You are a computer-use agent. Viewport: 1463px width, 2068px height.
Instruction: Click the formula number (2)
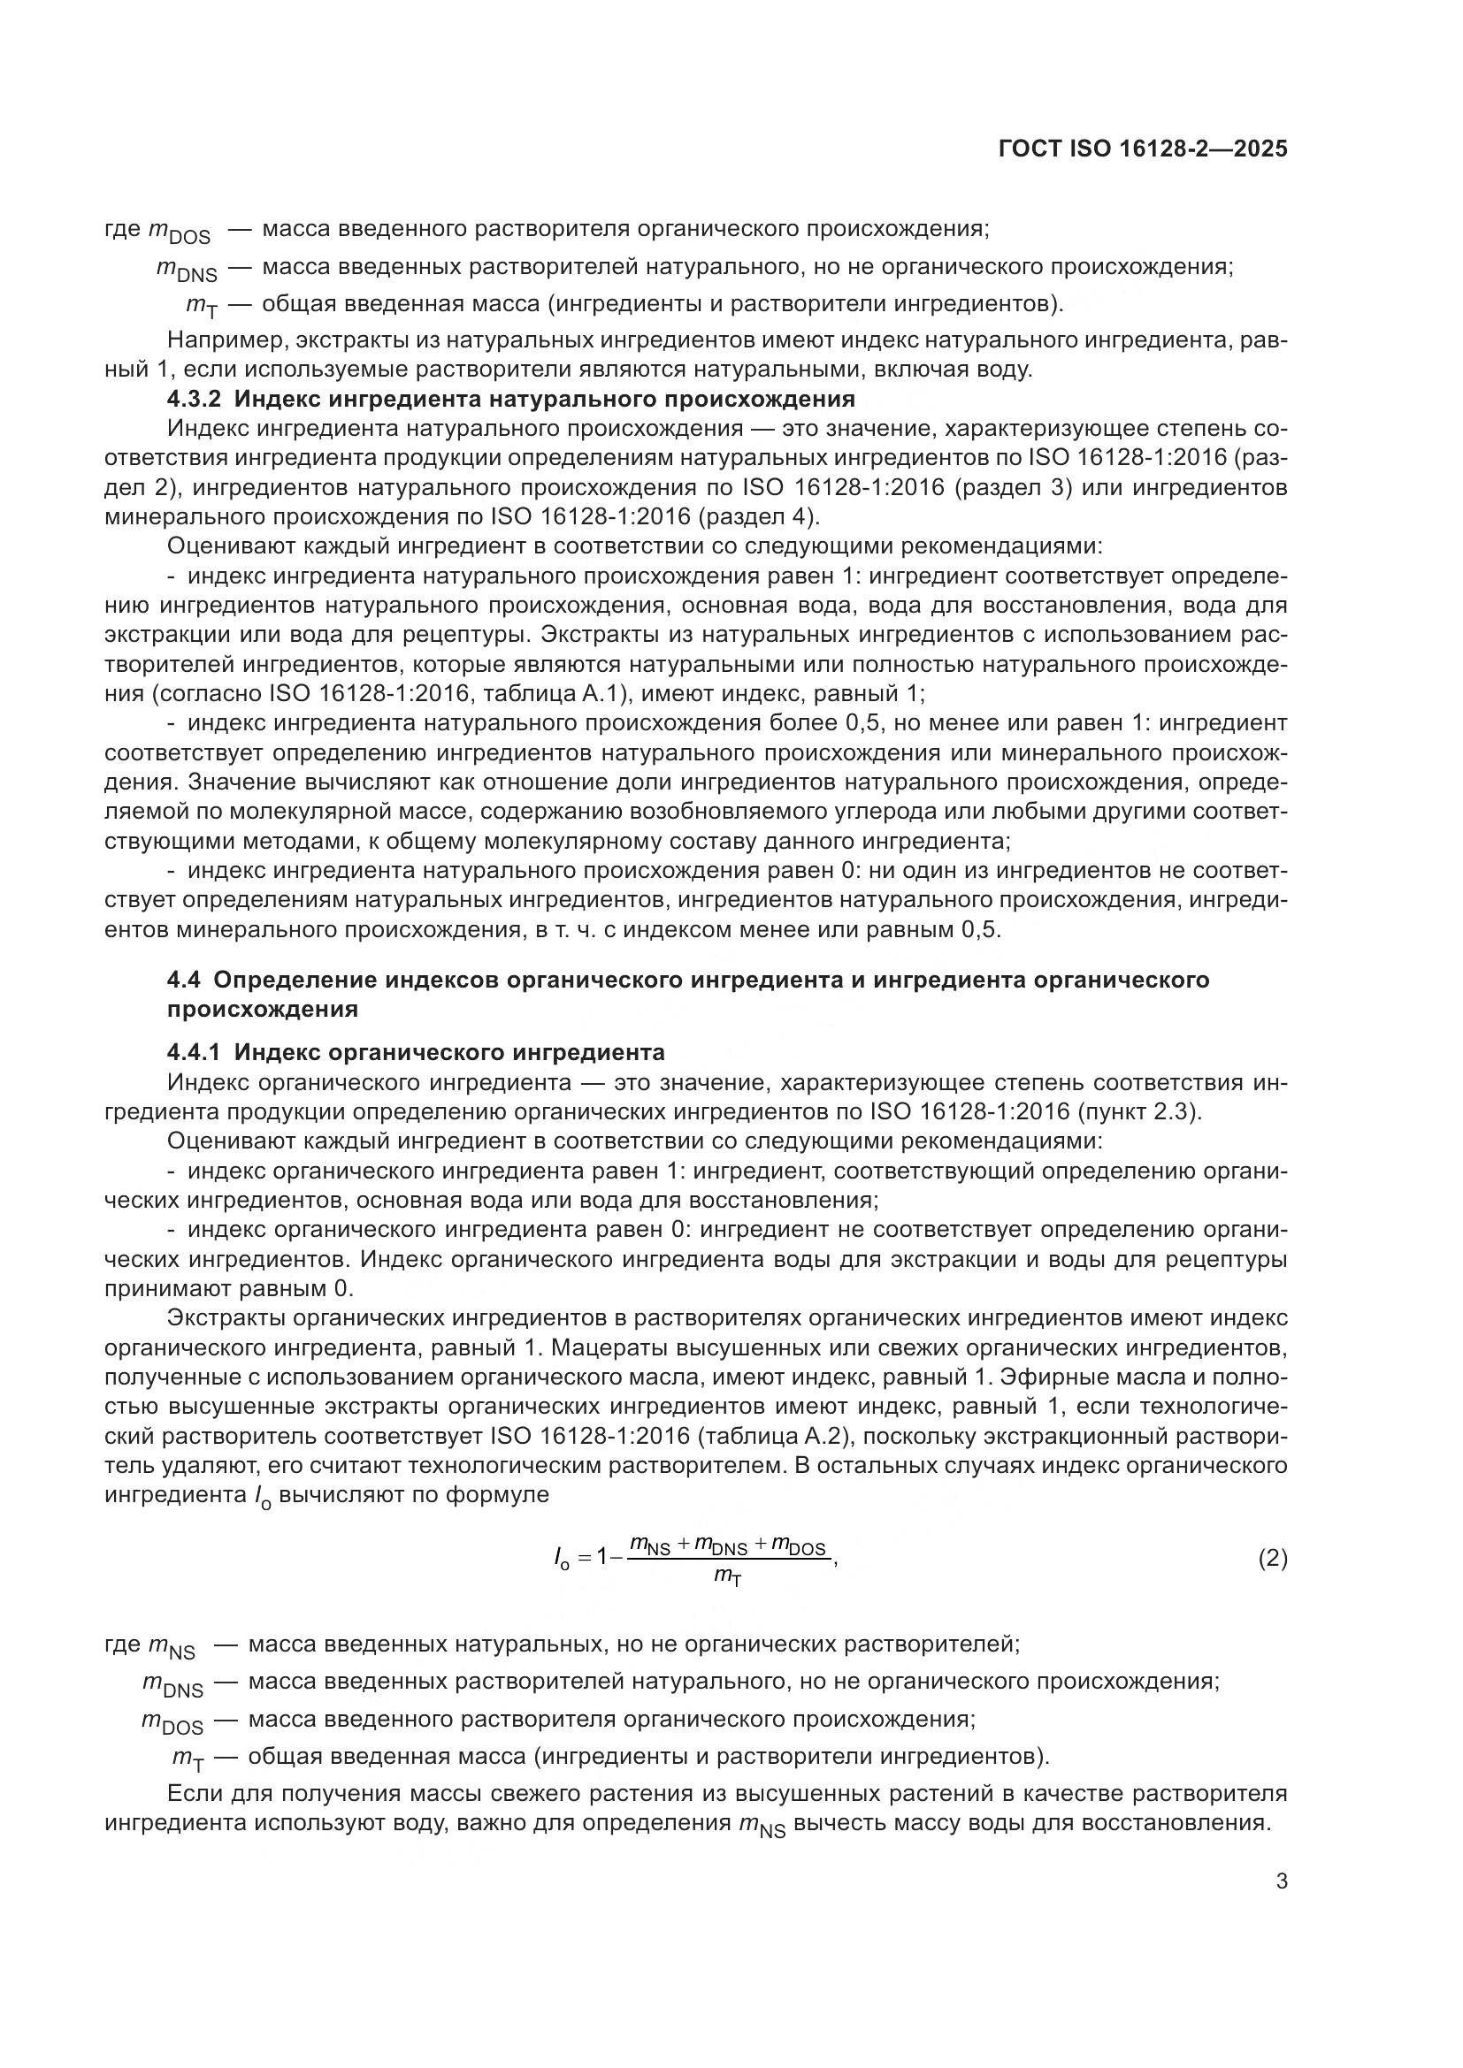[1272, 1558]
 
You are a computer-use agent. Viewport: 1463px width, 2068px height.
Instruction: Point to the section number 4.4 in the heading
[184, 979]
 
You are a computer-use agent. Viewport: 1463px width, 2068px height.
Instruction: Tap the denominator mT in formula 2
[728, 1576]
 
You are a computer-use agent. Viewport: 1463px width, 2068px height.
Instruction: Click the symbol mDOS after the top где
[179, 232]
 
